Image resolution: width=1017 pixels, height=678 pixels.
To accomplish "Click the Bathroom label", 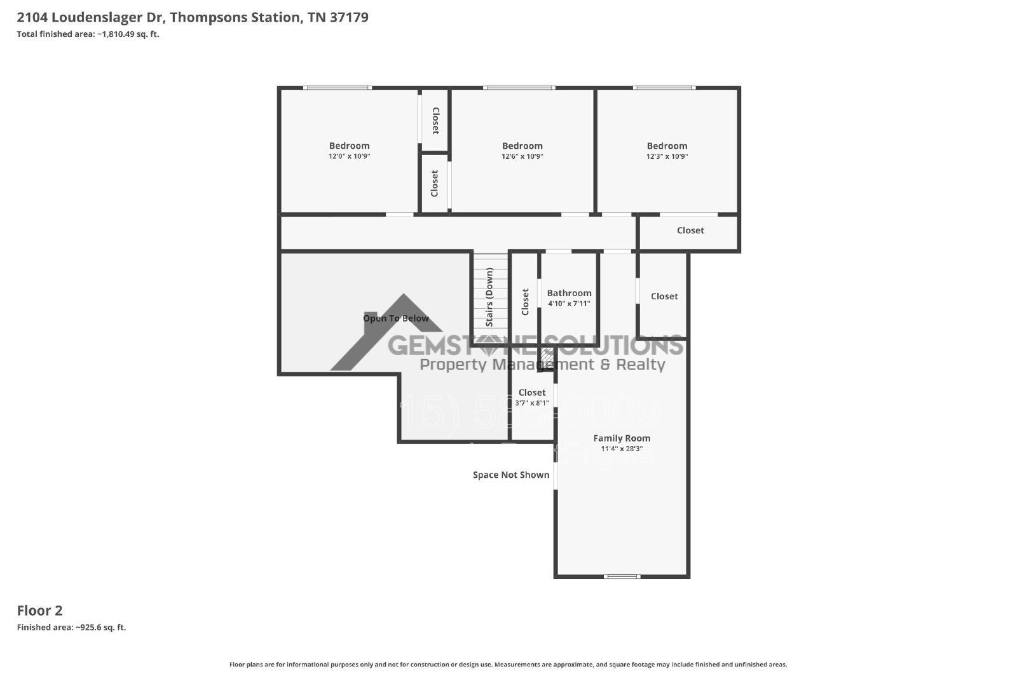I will click(569, 293).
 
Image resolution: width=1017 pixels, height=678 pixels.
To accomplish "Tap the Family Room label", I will click(622, 438).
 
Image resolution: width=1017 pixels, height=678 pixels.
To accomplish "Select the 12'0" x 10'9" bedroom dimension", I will click(349, 156).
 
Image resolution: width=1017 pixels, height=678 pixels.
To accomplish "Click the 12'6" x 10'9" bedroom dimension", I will click(522, 156).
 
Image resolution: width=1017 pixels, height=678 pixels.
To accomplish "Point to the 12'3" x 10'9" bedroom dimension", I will click(667, 156).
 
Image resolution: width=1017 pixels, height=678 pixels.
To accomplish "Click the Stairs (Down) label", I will click(489, 297).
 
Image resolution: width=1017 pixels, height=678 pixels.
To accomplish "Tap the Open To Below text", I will click(396, 318).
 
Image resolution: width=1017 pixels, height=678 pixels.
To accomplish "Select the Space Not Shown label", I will click(511, 475).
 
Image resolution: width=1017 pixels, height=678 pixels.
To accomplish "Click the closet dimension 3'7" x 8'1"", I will click(532, 403).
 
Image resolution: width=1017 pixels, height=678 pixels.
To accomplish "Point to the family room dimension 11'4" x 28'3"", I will click(622, 449).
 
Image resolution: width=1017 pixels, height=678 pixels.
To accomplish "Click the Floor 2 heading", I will click(39, 611).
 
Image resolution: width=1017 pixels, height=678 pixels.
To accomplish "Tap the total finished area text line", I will click(88, 34).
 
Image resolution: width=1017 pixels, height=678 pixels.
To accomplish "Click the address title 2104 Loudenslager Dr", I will click(193, 17).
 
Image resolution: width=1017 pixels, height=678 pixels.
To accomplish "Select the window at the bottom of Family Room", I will click(622, 576).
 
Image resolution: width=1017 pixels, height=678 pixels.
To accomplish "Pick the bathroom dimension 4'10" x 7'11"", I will click(569, 304).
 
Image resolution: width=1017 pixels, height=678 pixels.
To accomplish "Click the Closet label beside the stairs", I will click(525, 301).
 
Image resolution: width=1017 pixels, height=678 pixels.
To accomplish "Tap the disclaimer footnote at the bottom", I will click(508, 665).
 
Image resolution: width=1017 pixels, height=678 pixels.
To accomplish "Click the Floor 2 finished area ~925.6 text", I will click(71, 627).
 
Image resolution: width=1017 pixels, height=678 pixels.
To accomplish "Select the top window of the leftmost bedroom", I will click(337, 88).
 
